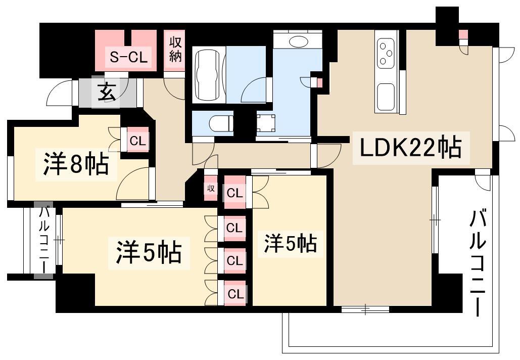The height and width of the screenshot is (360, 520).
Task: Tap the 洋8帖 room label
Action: [75, 165]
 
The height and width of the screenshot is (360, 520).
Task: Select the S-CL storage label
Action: [128, 58]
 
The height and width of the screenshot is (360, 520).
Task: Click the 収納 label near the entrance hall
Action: [175, 49]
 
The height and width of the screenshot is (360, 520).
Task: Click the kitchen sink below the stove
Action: [387, 97]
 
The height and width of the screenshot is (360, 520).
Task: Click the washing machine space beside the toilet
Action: [266, 123]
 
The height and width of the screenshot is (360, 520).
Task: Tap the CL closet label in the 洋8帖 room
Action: [137, 141]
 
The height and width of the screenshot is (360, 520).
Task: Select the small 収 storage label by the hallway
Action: [211, 189]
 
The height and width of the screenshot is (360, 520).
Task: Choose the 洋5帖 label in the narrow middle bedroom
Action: [290, 244]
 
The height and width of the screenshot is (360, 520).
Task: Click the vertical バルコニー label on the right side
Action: [478, 263]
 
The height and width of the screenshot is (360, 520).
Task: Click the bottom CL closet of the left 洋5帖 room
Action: [234, 294]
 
